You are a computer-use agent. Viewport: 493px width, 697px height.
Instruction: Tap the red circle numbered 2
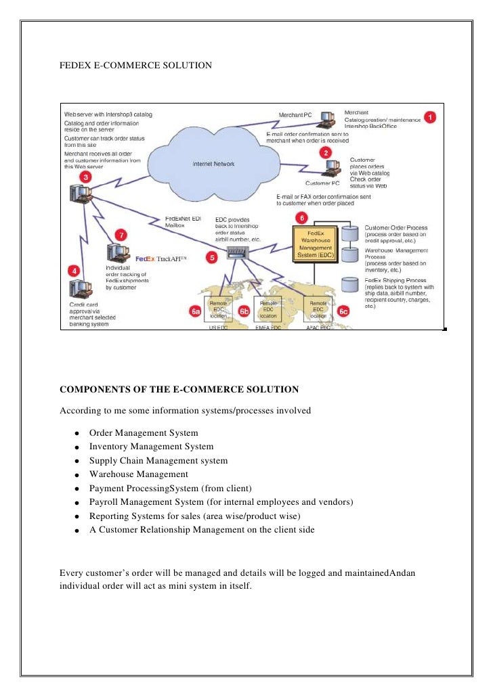coord(326,152)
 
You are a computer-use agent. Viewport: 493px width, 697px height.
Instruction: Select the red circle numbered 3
coord(86,177)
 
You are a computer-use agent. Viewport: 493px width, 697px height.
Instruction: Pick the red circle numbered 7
coord(121,234)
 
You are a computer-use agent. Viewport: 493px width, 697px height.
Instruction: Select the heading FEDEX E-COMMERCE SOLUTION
coord(136,66)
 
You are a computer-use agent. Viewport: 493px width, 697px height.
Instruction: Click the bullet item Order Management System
coord(144,432)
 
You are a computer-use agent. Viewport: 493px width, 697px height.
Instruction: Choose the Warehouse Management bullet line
coord(138,474)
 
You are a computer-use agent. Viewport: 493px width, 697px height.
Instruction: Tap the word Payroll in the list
coord(104,502)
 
